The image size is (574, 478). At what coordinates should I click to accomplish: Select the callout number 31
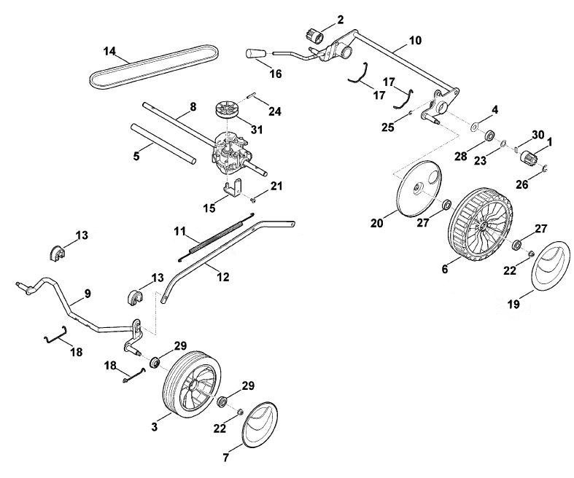coord(257,129)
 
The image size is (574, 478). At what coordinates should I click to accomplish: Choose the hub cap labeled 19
coord(550,266)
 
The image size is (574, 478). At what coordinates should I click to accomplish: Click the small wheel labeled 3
coord(192,384)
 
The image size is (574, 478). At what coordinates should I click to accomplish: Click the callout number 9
coord(87,294)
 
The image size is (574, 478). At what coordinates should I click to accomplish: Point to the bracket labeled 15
coord(233,188)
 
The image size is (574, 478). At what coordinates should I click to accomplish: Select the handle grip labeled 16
coord(255,53)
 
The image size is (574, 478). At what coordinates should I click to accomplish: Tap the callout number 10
coord(415,40)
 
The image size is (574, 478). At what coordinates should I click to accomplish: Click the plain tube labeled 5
coord(163,144)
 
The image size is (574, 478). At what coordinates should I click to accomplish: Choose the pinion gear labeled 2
coord(314,36)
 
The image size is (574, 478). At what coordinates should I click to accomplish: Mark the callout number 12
coord(223,277)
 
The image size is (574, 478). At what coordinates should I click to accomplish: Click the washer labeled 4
coord(474,127)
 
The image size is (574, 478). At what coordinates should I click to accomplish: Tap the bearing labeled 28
coord(489,136)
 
